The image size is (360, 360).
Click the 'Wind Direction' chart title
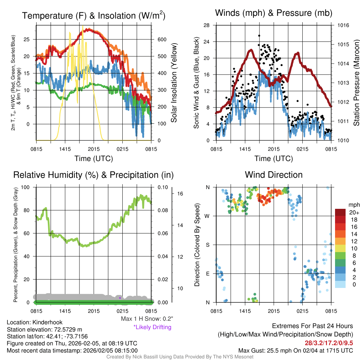(x=274, y=175)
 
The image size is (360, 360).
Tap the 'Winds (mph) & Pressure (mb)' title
(x=274, y=13)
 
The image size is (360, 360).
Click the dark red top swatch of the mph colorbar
(x=341, y=213)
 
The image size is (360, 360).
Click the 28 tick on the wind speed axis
(x=207, y=25)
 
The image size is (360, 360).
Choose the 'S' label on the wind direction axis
(x=207, y=245)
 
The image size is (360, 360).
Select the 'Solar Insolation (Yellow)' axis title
(x=174, y=83)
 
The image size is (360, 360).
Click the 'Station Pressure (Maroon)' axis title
(x=356, y=83)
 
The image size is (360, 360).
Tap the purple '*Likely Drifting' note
(x=152, y=327)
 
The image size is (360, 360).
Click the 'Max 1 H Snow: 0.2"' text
(x=147, y=319)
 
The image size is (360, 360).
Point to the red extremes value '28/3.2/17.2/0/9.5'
(x=329, y=342)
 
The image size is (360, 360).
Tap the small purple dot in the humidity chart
(x=120, y=298)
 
